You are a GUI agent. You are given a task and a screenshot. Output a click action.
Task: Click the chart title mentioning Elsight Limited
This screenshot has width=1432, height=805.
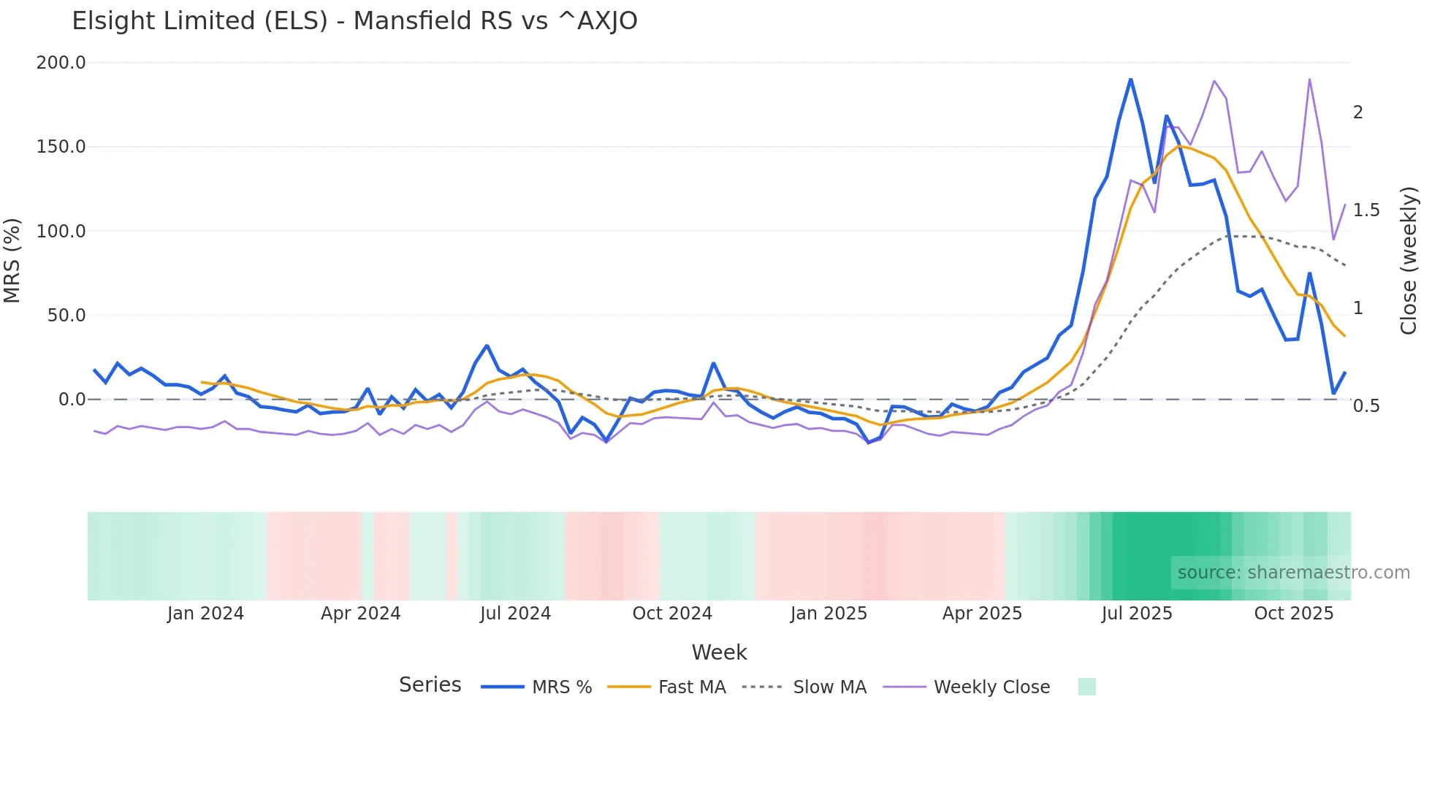[x=354, y=21]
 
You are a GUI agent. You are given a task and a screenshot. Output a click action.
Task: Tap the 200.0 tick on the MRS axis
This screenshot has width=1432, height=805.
[x=61, y=63]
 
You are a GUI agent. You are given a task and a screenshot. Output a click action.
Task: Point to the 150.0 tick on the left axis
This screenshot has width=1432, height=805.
[x=61, y=147]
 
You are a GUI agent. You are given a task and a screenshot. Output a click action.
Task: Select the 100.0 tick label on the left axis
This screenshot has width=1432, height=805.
[x=61, y=232]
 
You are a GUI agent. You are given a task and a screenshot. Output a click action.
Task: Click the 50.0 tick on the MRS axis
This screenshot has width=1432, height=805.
[x=66, y=316]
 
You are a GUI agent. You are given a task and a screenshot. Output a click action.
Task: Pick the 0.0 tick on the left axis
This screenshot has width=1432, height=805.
[x=72, y=400]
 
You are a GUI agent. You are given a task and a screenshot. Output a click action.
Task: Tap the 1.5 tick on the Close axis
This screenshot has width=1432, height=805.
[x=1366, y=210]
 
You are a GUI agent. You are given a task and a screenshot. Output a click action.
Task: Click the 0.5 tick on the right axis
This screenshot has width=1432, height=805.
[x=1366, y=406]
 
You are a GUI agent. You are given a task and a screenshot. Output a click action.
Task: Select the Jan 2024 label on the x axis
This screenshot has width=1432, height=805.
[x=205, y=614]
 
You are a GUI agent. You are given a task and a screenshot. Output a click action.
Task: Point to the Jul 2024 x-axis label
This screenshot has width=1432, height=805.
[x=515, y=614]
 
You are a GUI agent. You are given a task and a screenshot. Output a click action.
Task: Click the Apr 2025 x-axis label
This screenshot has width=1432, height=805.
[x=982, y=614]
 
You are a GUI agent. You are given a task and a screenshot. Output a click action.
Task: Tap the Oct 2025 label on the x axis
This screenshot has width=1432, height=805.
[x=1293, y=614]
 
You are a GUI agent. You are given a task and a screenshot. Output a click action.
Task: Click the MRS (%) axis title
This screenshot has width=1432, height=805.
[x=12, y=260]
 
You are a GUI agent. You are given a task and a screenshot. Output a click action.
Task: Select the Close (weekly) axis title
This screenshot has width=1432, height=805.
[x=1409, y=261]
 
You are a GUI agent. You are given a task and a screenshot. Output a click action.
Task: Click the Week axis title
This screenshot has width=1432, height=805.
[x=719, y=652]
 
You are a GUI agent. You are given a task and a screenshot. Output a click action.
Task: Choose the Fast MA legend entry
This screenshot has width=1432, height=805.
[x=691, y=687]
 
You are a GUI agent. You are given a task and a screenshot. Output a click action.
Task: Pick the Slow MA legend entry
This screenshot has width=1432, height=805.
[x=829, y=687]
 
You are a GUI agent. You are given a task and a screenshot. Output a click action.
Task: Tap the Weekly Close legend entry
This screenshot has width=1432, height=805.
[x=991, y=687]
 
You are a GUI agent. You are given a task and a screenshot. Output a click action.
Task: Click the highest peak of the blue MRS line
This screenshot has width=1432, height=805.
[x=1130, y=79]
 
